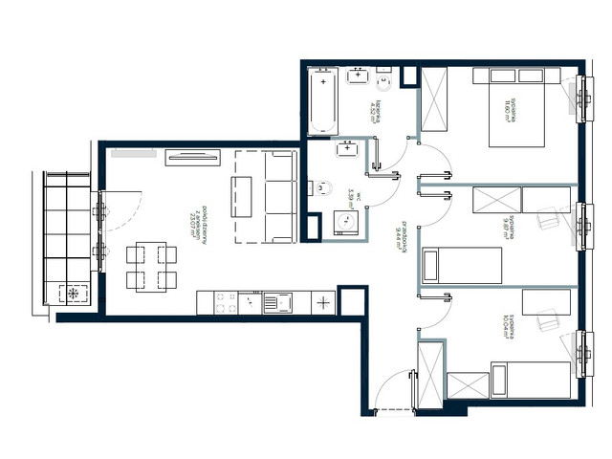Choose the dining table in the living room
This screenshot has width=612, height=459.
[x=152, y=267]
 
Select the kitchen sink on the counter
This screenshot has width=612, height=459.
[x=278, y=303]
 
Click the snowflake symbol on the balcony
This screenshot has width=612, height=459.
[x=72, y=294]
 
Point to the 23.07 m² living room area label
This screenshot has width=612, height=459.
[x=195, y=226]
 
